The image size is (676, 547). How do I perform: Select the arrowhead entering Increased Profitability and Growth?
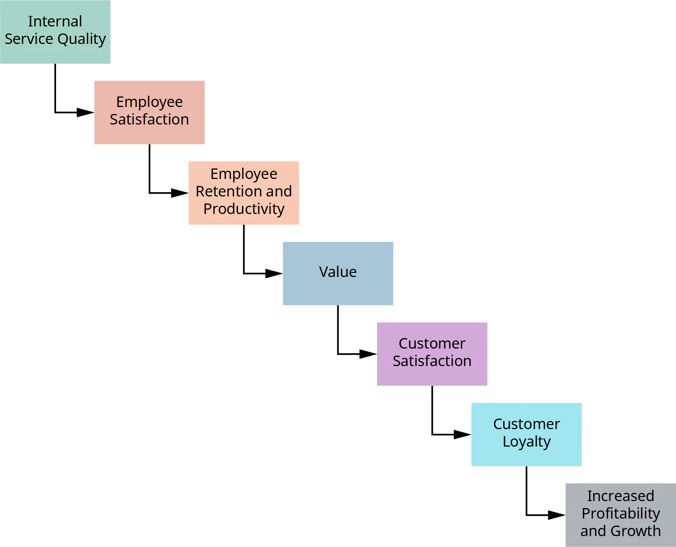(x=554, y=515)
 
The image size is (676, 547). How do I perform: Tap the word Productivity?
(x=244, y=209)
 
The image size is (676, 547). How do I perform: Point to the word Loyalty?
(x=526, y=442)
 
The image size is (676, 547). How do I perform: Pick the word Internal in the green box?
(x=55, y=21)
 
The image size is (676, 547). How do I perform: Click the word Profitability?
(x=621, y=514)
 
